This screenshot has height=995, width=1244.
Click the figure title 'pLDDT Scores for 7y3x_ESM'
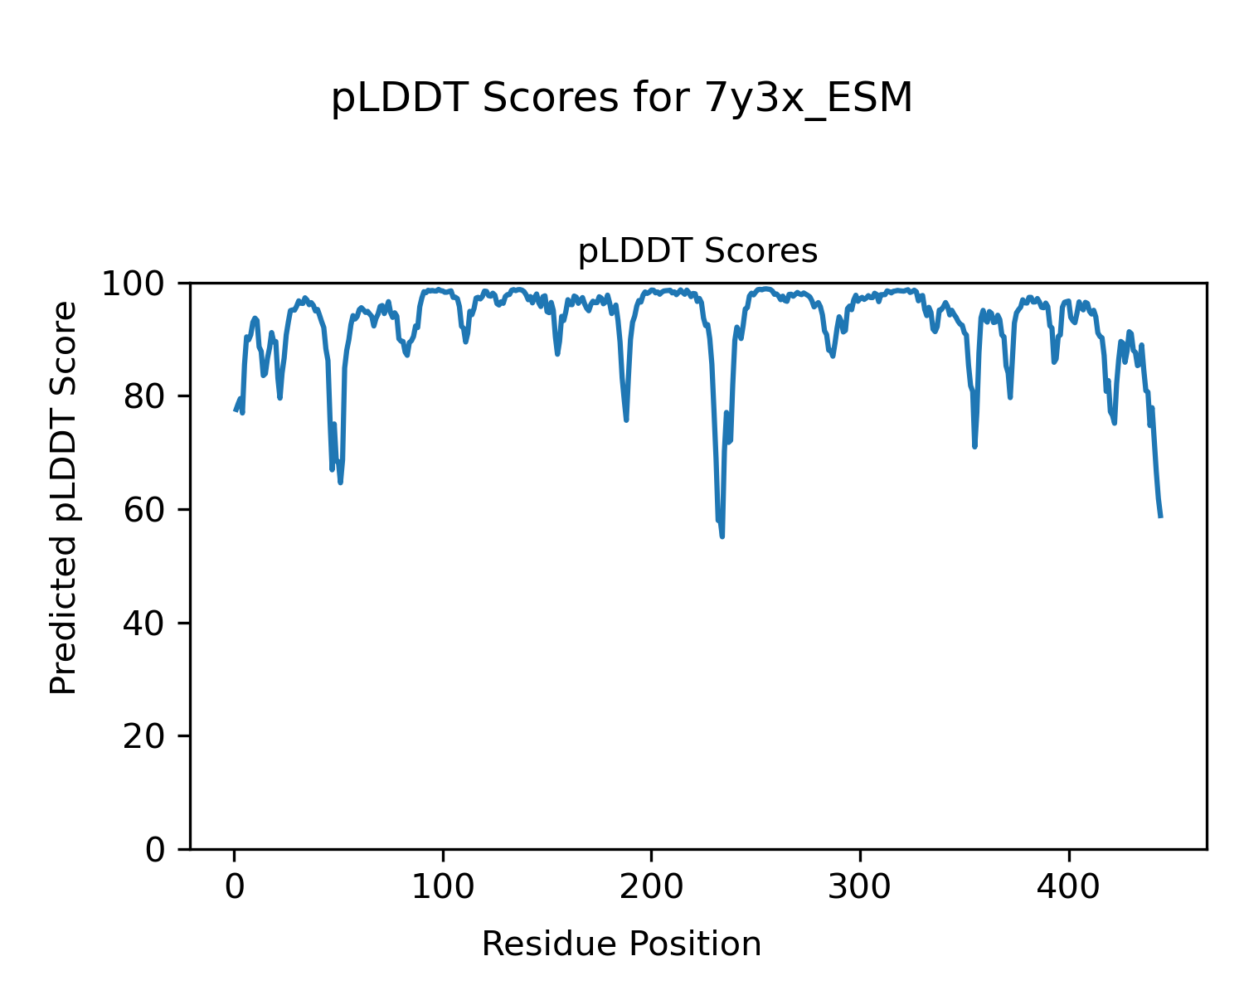(x=621, y=99)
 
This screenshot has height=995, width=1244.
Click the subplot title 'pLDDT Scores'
(x=697, y=251)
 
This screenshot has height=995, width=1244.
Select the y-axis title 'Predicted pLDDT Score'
(x=64, y=498)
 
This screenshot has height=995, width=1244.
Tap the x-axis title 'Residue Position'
(x=621, y=944)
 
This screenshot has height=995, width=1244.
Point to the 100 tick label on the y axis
(x=138, y=284)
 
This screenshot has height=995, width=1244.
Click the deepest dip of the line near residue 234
(x=722, y=536)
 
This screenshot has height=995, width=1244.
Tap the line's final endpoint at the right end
(x=1161, y=517)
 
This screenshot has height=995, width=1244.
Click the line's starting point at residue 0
(x=235, y=410)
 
